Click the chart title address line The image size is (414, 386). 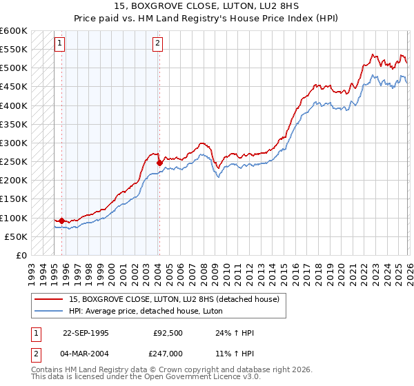206,7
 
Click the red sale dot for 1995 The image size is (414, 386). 62,221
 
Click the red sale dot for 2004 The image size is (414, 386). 159,163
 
